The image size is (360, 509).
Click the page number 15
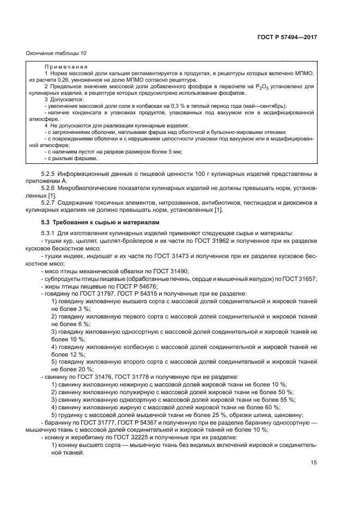click(x=313, y=462)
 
